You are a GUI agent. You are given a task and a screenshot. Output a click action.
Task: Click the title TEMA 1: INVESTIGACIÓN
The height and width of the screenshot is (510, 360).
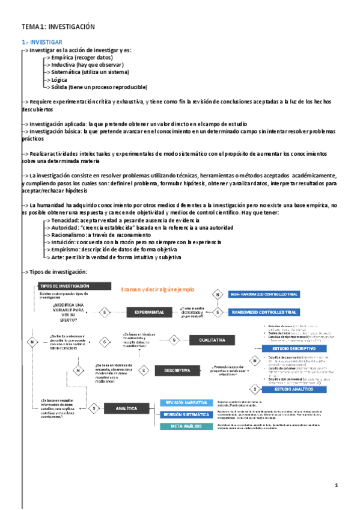(58, 27)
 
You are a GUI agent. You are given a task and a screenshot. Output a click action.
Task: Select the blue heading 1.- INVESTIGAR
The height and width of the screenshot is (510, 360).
(41, 42)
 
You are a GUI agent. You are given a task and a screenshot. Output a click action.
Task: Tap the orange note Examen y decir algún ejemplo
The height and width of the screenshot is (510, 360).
(158, 289)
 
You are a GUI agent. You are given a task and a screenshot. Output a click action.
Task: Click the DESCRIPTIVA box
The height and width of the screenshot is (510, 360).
(177, 370)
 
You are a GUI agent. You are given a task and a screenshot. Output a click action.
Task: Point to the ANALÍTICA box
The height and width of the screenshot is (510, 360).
(127, 409)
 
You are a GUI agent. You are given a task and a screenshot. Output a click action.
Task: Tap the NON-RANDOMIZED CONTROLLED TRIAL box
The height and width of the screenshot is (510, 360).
(264, 294)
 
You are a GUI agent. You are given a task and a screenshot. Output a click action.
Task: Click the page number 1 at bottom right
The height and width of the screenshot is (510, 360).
(337, 485)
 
